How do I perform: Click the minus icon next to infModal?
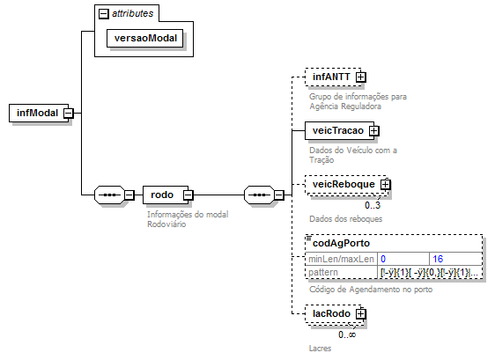68,113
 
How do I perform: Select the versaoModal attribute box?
144,39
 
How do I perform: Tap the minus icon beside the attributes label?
104,13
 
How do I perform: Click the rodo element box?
162,195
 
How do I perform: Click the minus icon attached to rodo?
188,195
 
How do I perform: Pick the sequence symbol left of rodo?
110,195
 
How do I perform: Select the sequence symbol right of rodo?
259,195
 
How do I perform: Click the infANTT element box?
330,77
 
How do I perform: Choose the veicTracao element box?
338,130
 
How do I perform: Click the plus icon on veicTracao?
374,130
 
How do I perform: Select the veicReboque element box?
344,185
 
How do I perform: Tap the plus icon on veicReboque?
385,185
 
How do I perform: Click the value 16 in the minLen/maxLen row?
437,259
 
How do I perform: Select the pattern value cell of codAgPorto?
430,273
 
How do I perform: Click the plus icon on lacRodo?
361,314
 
